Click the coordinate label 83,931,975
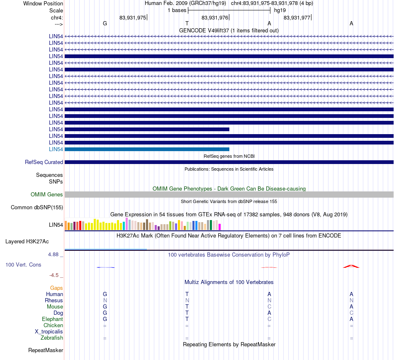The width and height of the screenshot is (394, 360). point(133,17)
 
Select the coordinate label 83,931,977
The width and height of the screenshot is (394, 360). point(297,17)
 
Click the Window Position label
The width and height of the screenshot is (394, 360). point(43,3)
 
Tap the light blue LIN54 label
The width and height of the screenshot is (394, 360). point(56,149)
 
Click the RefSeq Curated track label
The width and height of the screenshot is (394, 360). point(44,162)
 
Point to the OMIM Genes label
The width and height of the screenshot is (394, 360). point(46,194)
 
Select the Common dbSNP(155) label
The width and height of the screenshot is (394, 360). point(36,207)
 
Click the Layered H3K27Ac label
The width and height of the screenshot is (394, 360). point(27,242)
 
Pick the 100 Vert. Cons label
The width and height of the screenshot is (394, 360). point(23,264)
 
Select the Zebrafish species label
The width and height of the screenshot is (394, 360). point(52,338)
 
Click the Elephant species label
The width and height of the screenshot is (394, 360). point(52,319)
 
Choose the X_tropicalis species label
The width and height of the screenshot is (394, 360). point(49,332)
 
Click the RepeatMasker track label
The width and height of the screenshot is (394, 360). point(46,350)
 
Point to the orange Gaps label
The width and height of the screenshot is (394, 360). point(56,288)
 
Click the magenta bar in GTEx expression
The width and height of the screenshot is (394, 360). point(219,227)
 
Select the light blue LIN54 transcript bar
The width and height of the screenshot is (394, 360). point(147,149)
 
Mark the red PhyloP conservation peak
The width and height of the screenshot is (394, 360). point(351,266)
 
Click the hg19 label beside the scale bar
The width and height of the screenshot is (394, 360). point(280,10)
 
